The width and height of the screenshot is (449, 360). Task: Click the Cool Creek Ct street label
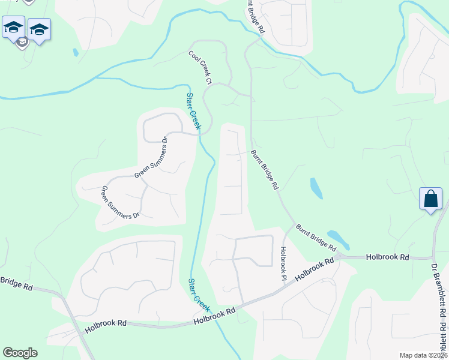click(200, 67)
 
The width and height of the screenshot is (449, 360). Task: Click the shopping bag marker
click(431, 199)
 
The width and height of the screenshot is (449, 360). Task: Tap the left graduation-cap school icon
click(13, 27)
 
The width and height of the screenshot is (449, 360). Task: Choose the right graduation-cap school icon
click(39, 29)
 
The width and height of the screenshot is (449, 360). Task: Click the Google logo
click(20, 352)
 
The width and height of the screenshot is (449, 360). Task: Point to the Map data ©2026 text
click(423, 355)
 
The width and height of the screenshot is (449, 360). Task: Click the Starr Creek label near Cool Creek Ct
click(193, 111)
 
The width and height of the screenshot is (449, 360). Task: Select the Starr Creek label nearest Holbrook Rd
click(199, 294)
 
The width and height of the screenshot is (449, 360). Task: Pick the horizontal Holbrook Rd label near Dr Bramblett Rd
click(388, 257)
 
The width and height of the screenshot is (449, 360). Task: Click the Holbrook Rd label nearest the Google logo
click(106, 326)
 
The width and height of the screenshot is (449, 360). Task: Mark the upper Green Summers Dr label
click(151, 158)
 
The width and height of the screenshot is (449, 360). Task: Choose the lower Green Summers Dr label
click(119, 202)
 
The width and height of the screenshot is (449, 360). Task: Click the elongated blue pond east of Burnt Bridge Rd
click(316, 188)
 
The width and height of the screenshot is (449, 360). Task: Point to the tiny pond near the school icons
click(75, 52)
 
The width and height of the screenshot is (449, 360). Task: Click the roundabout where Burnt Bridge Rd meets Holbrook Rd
click(339, 256)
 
